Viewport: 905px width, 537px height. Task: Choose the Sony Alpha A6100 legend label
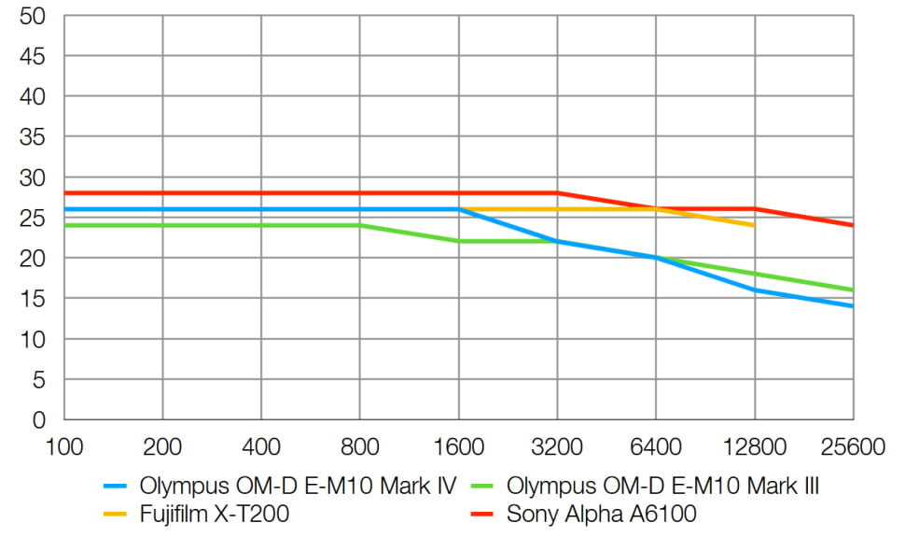coord(601,513)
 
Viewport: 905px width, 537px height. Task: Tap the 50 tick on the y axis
coord(33,16)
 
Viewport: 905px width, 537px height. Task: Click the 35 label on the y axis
coord(33,137)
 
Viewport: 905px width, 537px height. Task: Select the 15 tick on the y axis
coord(33,299)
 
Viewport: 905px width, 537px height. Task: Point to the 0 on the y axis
coord(39,420)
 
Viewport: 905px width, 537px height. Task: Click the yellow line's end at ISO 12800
coord(754,225)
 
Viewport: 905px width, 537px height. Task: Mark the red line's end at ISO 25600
coord(853,225)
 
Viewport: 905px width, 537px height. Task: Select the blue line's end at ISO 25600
coord(853,306)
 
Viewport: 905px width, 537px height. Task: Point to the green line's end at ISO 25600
coord(853,290)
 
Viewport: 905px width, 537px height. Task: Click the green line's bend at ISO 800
coord(359,225)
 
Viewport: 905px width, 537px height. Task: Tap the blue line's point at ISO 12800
coord(754,290)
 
